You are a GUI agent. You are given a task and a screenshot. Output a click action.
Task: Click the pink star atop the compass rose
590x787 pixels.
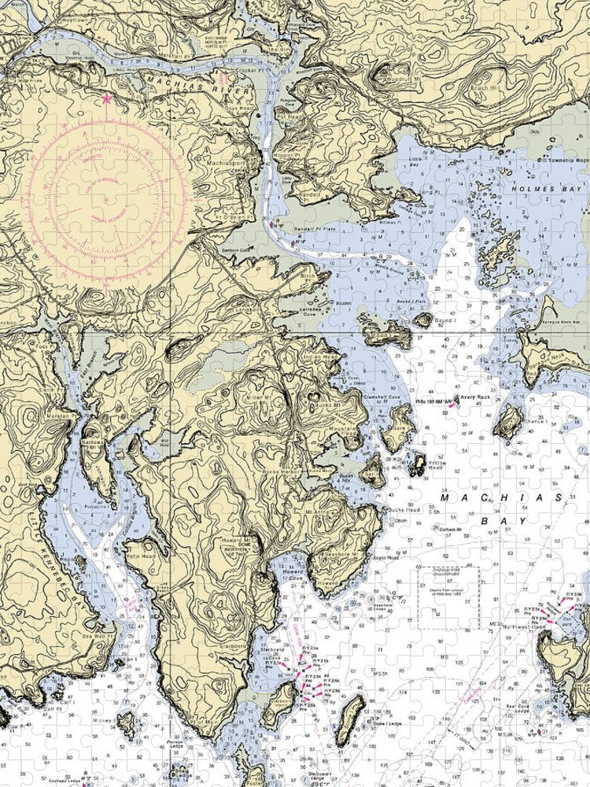[107, 99]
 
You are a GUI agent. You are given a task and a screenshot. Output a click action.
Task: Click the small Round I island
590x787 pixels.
[424, 320]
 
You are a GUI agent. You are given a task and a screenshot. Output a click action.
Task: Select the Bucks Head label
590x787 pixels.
[401, 510]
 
